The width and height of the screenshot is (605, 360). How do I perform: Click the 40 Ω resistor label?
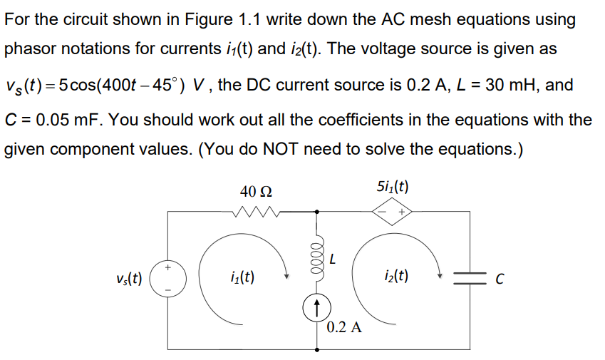tap(256, 191)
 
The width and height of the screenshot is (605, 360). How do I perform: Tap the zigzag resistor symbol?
tap(256, 211)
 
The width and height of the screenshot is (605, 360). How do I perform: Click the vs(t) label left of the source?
tap(129, 278)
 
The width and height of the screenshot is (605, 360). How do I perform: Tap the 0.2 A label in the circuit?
tap(344, 328)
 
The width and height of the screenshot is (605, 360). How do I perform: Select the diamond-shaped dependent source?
tap(393, 212)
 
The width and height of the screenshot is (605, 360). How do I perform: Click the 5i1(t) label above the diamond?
tap(392, 188)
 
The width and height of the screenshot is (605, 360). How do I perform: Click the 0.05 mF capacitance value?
tap(63, 118)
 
